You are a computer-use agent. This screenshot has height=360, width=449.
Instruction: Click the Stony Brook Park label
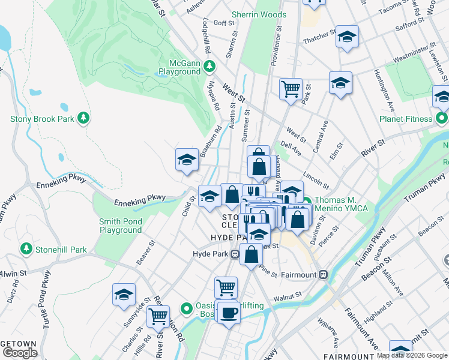(42, 119)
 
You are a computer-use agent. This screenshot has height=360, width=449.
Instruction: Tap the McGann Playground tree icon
(209, 66)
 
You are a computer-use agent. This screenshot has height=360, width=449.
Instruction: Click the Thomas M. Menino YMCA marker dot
(306, 202)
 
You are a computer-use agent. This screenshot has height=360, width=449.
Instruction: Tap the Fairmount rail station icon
(324, 275)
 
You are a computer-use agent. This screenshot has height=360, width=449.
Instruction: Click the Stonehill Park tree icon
(26, 248)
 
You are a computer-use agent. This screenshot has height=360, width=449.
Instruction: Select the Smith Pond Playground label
(121, 226)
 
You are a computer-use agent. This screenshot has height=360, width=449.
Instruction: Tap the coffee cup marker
(228, 312)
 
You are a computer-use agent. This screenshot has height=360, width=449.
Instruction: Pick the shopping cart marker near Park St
(291, 89)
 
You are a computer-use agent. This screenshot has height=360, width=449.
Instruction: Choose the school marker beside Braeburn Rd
(187, 160)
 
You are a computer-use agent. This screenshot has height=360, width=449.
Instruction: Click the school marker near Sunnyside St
(124, 294)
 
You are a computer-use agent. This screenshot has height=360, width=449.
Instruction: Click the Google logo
(20, 353)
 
